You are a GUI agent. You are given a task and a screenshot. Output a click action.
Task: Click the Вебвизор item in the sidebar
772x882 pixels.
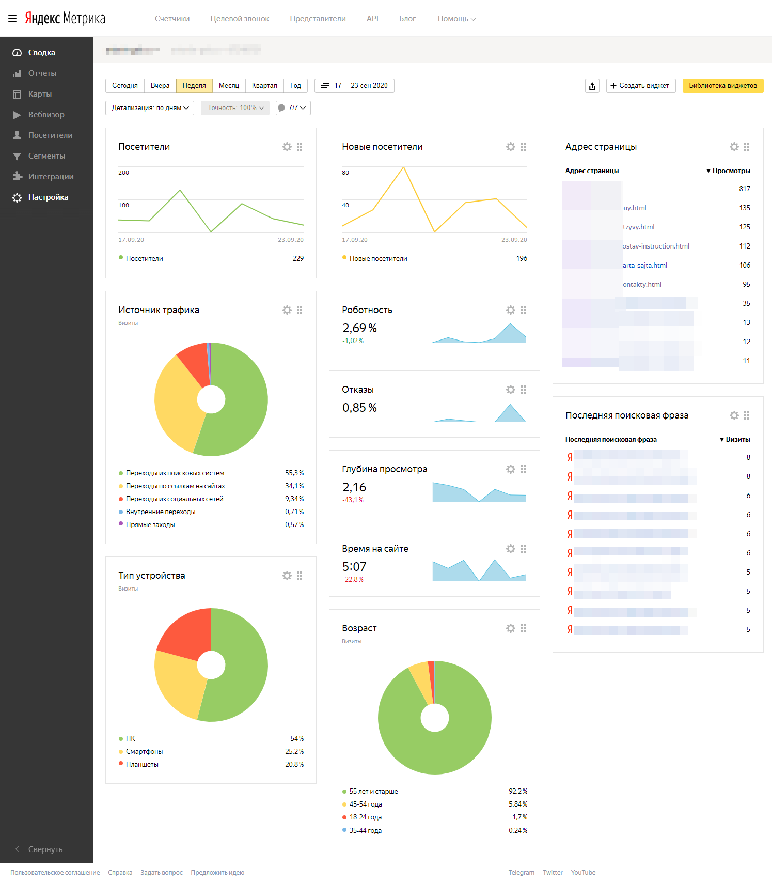[x=46, y=115]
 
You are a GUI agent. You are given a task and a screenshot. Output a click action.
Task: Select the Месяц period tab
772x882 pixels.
[x=229, y=86]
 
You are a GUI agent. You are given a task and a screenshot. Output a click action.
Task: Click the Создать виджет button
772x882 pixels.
[x=640, y=86]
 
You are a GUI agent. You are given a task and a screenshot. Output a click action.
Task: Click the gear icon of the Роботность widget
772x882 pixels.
[x=510, y=310]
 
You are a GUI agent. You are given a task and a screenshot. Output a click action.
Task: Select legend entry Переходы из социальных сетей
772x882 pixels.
[x=175, y=499]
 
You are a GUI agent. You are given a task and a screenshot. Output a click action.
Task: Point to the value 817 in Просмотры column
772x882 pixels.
[x=744, y=189]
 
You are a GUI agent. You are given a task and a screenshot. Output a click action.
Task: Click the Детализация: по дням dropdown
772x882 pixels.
[x=150, y=108]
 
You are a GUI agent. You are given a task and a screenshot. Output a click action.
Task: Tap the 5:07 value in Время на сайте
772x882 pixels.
[x=354, y=567]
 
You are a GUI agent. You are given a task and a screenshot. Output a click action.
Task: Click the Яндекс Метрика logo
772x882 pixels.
[x=65, y=19]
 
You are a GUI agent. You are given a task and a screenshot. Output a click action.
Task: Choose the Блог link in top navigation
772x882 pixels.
[x=407, y=19]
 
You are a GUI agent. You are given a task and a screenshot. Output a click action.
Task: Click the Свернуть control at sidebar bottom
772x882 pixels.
[x=45, y=849]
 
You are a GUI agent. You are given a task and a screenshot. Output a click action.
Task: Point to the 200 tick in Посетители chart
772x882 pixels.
[x=124, y=173]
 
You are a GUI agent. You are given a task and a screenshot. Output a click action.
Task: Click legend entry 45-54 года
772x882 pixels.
[x=366, y=804]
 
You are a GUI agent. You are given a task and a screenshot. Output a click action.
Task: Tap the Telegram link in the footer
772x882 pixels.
[x=521, y=873]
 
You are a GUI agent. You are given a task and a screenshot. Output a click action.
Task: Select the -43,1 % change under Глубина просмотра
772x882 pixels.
[x=353, y=500]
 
